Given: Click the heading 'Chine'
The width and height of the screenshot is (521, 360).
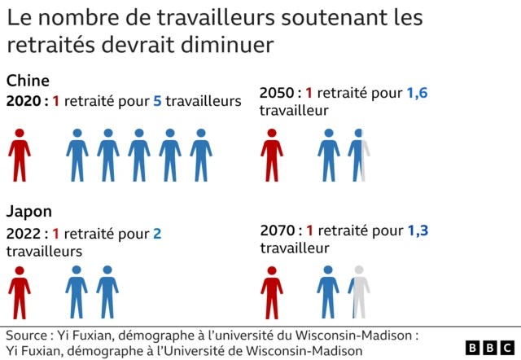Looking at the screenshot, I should (x=28, y=81).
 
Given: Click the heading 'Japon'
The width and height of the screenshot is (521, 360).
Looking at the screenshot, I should (x=29, y=213).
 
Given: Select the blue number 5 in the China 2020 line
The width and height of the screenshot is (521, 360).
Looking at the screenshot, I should (x=156, y=101).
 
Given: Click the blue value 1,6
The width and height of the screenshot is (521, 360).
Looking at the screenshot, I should (x=417, y=93).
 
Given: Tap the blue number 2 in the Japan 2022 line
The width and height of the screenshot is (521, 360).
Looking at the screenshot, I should (x=157, y=234).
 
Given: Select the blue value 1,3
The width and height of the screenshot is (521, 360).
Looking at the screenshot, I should (x=417, y=230).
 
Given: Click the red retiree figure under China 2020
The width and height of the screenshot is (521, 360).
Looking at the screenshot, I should (x=20, y=155).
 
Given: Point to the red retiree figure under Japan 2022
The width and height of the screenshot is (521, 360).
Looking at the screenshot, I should (x=20, y=292).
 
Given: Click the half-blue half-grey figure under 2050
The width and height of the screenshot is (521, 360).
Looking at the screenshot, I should (x=359, y=155).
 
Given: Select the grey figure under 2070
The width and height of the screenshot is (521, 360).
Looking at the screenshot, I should (x=359, y=292).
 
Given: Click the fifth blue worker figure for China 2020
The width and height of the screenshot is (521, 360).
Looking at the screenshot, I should (x=201, y=155).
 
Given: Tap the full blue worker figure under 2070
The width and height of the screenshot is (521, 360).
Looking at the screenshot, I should (x=328, y=292).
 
